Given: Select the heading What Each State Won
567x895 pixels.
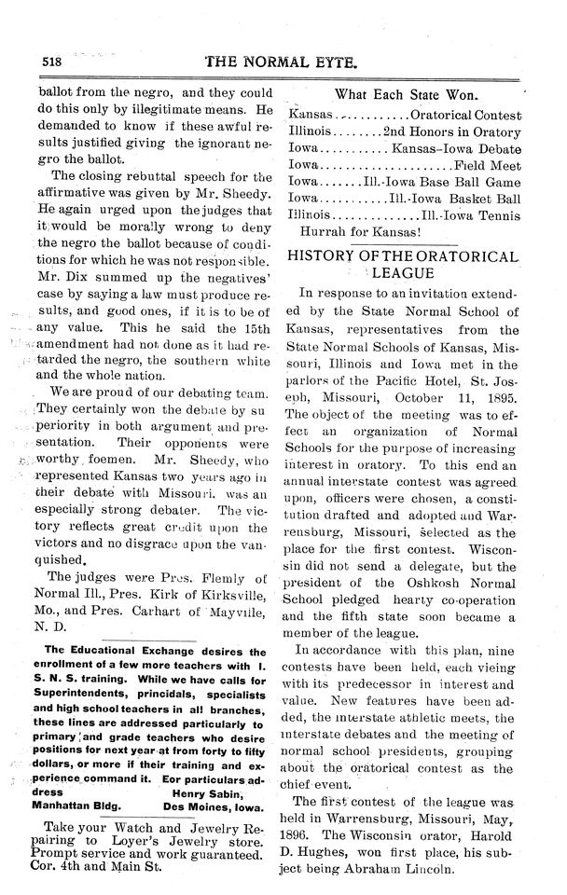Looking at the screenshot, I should (x=408, y=94).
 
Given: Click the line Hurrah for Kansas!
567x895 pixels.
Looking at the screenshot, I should (x=358, y=231).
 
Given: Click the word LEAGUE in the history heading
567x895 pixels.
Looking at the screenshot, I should (x=414, y=273).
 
